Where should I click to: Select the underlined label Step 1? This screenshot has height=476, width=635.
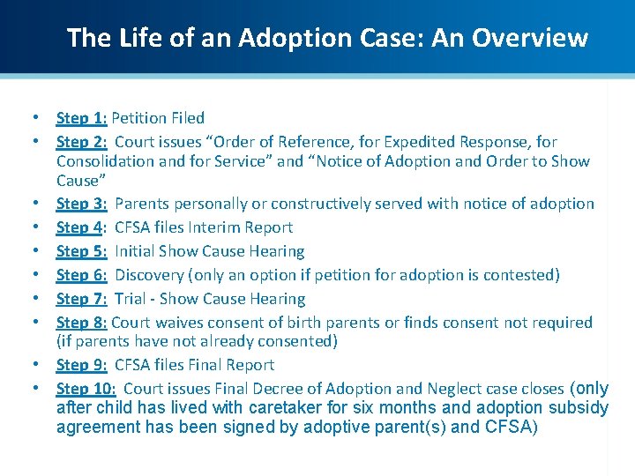coord(81,118)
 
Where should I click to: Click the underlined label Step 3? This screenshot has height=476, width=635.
coord(81,204)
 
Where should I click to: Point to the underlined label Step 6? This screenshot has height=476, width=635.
coord(81,275)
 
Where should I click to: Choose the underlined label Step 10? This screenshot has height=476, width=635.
coord(86,389)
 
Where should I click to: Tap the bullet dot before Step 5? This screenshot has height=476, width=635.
coord(34,251)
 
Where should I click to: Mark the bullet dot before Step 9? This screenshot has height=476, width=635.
coord(34,365)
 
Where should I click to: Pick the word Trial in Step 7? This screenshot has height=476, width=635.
coord(131,299)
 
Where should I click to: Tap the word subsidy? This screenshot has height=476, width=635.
coord(579,408)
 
